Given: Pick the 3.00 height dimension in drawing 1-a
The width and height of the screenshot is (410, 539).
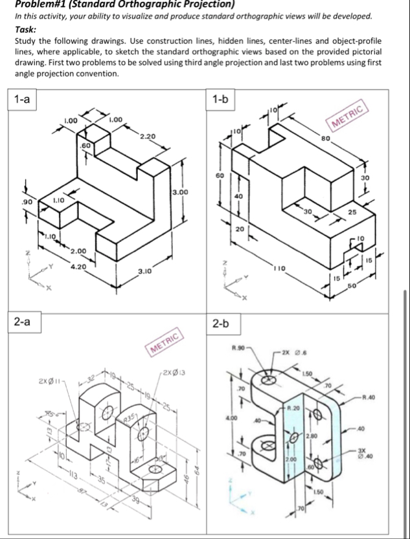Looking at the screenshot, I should (179, 192).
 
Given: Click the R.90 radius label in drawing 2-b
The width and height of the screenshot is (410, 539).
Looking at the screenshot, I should (241, 349).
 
